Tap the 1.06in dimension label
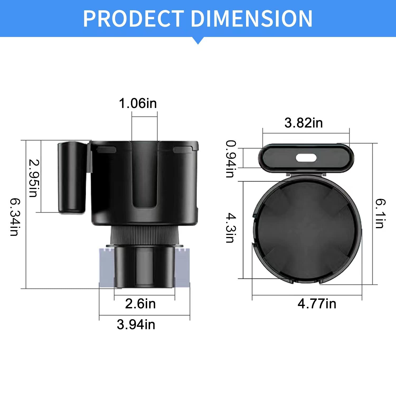pyautogui.click(x=138, y=103)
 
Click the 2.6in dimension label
pyautogui.click(x=140, y=304)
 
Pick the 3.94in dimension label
pyautogui.click(x=136, y=324)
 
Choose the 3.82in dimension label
pyautogui.click(x=304, y=123)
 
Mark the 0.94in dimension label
pyautogui.click(x=230, y=159)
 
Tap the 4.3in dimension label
pyautogui.click(x=230, y=228)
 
